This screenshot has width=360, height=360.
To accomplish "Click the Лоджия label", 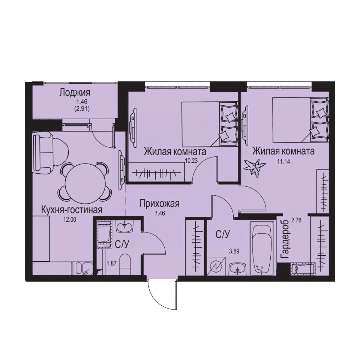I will pyautogui.click(x=75, y=93).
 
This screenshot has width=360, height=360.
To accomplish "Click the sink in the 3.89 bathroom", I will pyautogui.click(x=237, y=268).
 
